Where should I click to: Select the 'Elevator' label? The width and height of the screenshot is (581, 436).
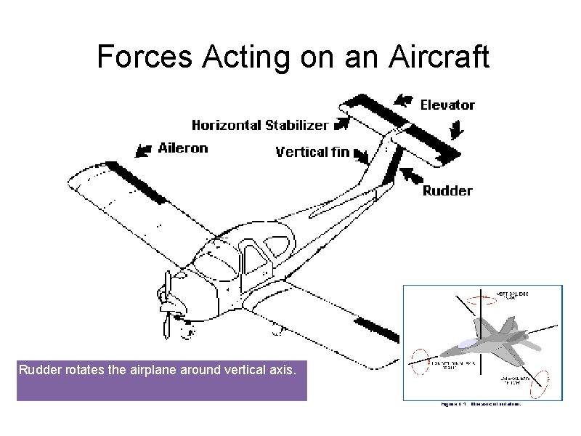pos(447,105)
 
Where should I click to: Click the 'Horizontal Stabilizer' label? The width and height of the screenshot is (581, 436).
pos(259,125)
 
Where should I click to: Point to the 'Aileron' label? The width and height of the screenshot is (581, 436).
pos(183,148)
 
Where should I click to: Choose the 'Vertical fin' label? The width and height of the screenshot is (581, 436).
pos(312,152)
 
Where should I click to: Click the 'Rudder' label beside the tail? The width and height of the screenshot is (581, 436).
pos(447,190)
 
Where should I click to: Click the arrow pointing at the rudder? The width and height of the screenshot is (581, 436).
pos(411,175)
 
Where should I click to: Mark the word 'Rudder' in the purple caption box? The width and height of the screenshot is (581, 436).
pos(40,369)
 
